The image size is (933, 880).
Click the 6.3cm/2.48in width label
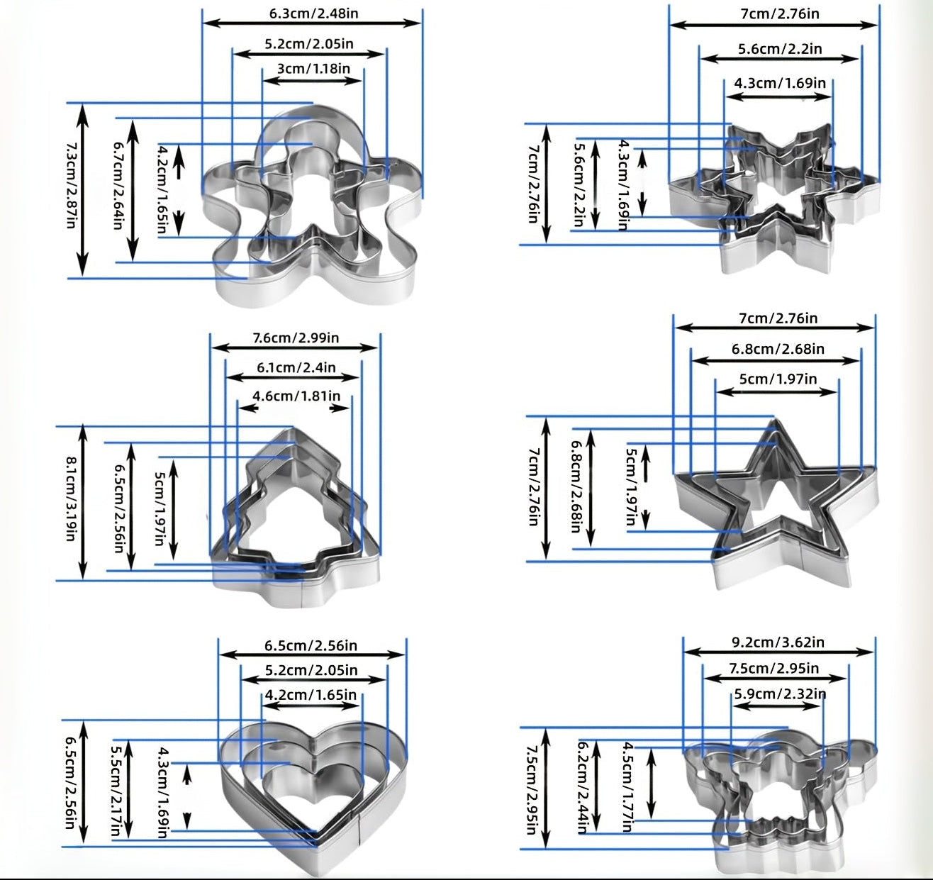point(313,13)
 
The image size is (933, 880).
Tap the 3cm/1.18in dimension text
point(313,69)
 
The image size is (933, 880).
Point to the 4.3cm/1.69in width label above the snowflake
point(780,83)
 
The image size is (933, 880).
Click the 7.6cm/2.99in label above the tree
point(296,338)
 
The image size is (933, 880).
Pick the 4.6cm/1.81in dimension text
point(296,396)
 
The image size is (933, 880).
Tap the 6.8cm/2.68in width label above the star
point(778,349)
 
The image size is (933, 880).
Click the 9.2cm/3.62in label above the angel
point(778,642)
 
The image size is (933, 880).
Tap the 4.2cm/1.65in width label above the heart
point(311,695)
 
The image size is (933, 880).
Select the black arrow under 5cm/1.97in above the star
point(776,391)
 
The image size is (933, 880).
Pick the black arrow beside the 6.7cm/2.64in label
point(133,190)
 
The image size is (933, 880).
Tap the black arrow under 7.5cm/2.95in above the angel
point(775,678)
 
